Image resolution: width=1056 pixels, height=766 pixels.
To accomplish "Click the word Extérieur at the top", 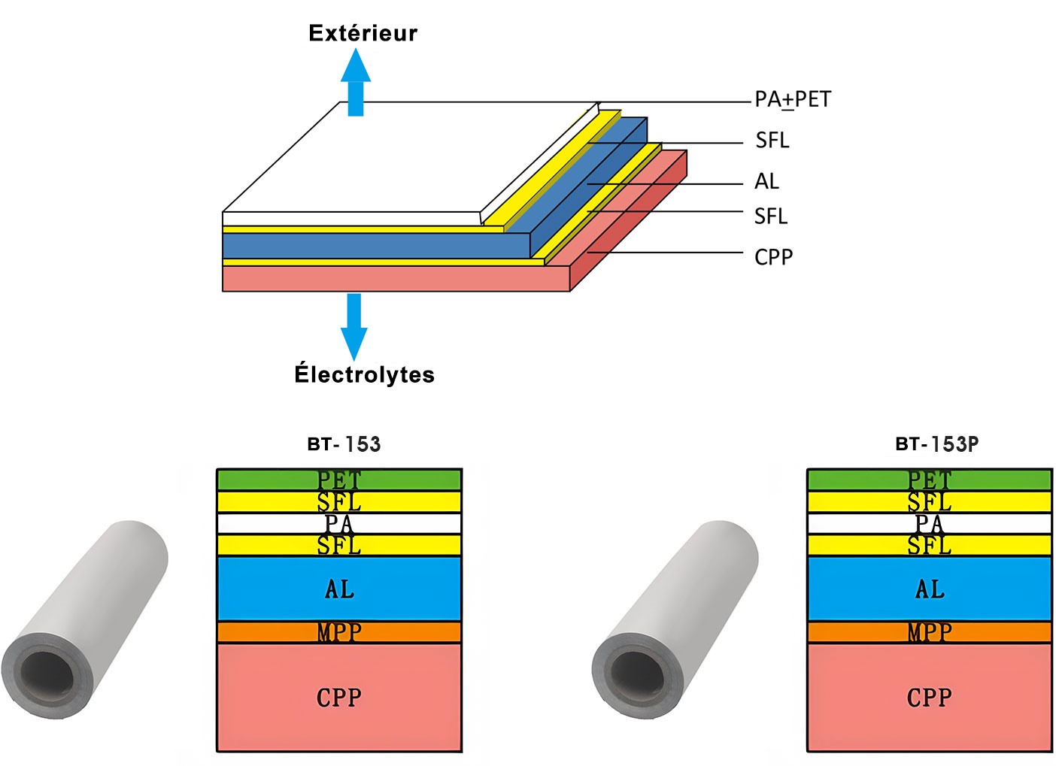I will coord(363,33).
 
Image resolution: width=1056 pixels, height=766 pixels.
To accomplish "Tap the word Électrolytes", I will coord(364,374).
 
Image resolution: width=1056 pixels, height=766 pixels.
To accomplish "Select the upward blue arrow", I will coord(355,83).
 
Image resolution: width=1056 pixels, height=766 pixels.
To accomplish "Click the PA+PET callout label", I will coord(793,99).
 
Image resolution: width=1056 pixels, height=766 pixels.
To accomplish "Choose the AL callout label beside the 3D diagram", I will coord(766,181).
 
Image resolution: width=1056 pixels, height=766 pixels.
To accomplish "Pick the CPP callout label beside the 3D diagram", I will coord(773,257).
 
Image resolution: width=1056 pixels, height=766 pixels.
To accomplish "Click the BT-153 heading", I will coord(344,444).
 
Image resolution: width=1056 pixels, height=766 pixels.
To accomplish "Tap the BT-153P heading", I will coord(936,444).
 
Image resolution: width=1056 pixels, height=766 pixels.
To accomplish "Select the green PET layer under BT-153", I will coord(339,480).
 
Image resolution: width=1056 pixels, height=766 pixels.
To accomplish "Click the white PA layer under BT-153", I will coord(339,523).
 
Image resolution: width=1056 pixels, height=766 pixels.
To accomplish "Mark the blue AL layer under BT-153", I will coord(339,589).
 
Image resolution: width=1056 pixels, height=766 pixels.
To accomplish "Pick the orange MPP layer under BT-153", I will coord(339,632).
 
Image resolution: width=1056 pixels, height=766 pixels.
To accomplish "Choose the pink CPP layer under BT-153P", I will coord(929,698).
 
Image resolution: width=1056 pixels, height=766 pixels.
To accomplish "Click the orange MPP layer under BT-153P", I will coord(929,632).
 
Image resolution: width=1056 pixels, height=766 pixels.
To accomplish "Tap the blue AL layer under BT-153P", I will coord(929,589).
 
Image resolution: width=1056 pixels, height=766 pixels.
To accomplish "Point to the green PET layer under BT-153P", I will coord(929,480).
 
